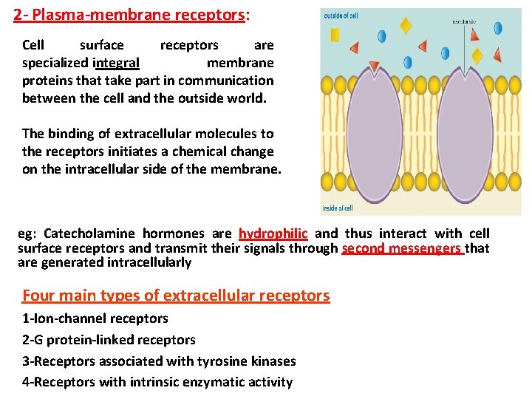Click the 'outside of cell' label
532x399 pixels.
point(341,15)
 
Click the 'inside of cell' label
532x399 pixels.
point(338,208)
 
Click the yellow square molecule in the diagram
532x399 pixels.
point(335,34)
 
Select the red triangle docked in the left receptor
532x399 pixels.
point(375,67)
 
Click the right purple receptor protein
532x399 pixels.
point(465,133)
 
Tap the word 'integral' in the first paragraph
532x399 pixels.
point(116,63)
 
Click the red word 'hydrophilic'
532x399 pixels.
point(273,233)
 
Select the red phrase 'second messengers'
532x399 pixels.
point(403,248)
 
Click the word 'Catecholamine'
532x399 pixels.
point(89,233)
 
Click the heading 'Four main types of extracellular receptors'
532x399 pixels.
point(176,296)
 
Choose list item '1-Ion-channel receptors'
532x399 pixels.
point(95,318)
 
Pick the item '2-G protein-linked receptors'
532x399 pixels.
point(109,340)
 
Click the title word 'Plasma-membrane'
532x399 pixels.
point(89,14)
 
